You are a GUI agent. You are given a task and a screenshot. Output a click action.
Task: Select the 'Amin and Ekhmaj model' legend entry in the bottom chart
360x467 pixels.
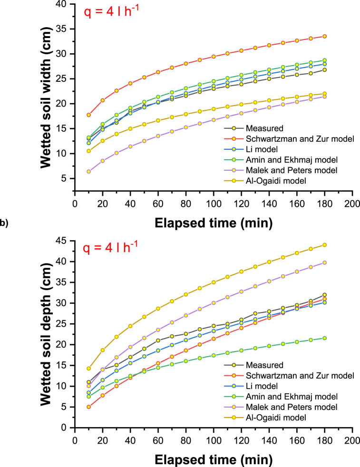pyautogui.click(x=284, y=396)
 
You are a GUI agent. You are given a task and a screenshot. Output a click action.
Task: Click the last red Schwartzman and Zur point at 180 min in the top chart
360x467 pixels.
pyautogui.click(x=324, y=36)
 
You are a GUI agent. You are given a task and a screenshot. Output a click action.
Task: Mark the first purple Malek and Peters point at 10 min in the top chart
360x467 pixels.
pyautogui.click(x=88, y=172)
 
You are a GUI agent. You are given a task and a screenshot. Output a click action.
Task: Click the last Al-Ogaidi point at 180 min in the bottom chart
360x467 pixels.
pyautogui.click(x=324, y=245)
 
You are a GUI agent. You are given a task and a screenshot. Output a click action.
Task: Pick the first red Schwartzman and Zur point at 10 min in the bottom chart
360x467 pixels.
pyautogui.click(x=88, y=407)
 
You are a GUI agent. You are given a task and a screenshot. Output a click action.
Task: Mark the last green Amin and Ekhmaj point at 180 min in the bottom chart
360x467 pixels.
pyautogui.click(x=324, y=338)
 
